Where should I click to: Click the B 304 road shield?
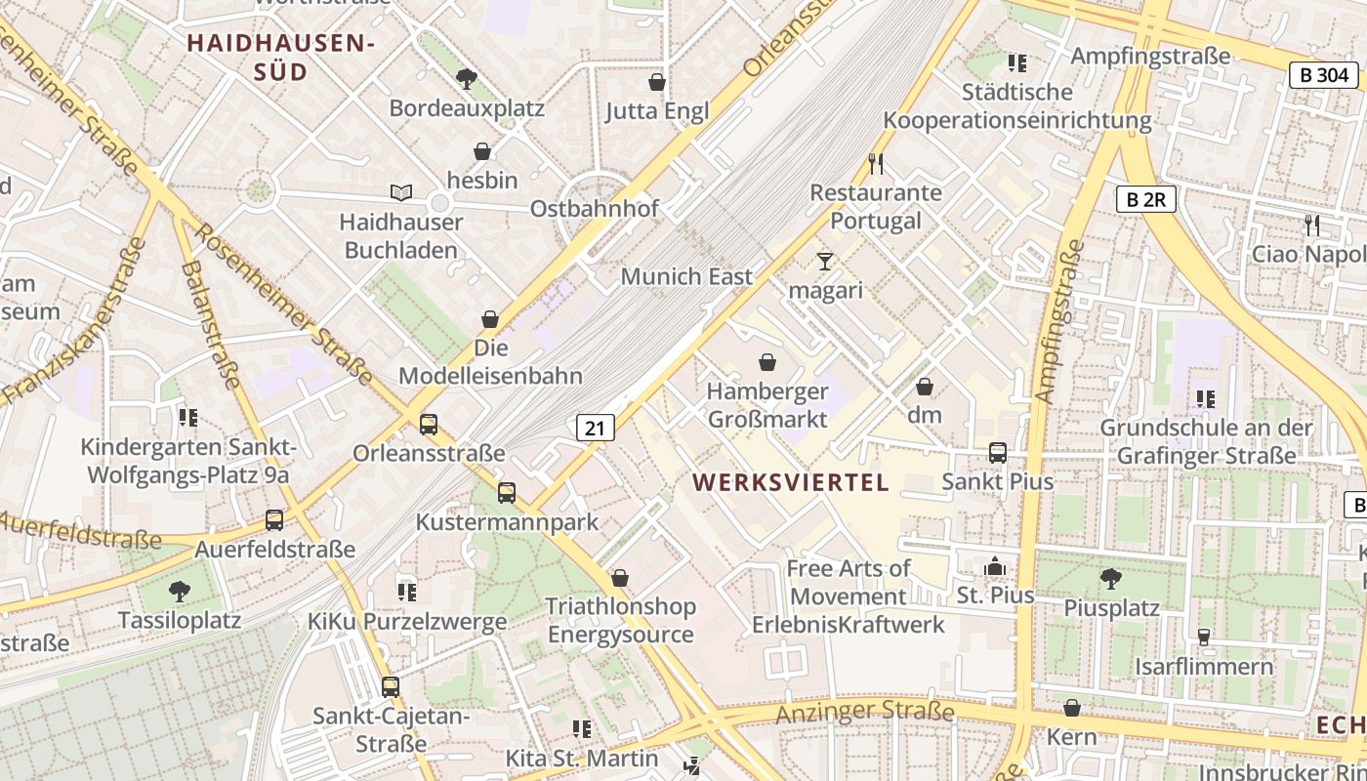pyautogui.click(x=1323, y=75)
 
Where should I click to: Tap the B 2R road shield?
pyautogui.click(x=1146, y=200)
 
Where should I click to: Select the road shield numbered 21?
pyautogui.click(x=596, y=427)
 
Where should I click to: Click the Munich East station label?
pyautogui.click(x=686, y=276)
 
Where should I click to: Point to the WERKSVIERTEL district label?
pyautogui.click(x=791, y=482)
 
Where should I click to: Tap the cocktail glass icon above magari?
pyautogui.click(x=825, y=262)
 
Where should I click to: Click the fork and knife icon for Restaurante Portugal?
pyautogui.click(x=875, y=163)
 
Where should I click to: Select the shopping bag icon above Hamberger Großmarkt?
pyautogui.click(x=767, y=363)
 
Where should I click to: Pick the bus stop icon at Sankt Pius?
pyautogui.click(x=997, y=453)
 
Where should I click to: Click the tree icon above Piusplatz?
pyautogui.click(x=1110, y=578)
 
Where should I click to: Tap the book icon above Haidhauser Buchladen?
pyautogui.click(x=401, y=193)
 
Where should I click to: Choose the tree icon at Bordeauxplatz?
pyautogui.click(x=467, y=78)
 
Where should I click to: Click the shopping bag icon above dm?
pyautogui.click(x=924, y=387)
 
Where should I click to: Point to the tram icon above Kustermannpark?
pyautogui.click(x=506, y=493)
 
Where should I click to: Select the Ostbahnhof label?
pyautogui.click(x=594, y=209)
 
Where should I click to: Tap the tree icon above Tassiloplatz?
pyautogui.click(x=179, y=591)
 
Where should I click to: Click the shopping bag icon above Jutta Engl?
pyautogui.click(x=657, y=82)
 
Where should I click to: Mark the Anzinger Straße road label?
pyautogui.click(x=864, y=713)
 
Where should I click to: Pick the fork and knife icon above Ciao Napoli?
pyautogui.click(x=1311, y=226)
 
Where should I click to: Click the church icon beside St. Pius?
pyautogui.click(x=995, y=566)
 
